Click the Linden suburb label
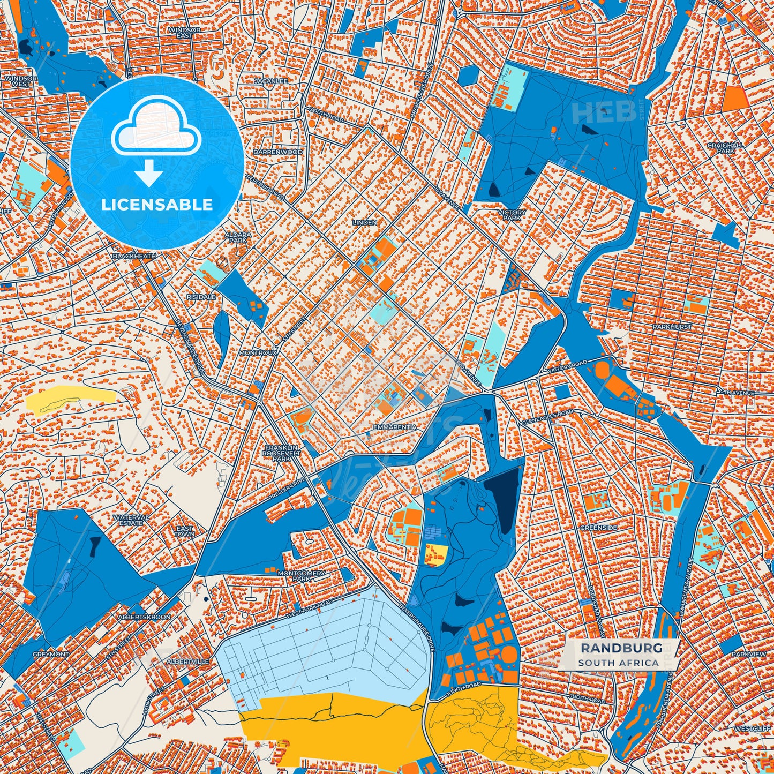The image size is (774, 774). pos(365,222)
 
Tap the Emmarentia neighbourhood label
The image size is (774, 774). pos(395,427)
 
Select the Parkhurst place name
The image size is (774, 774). pos(672,327)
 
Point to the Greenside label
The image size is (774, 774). pos(599,528)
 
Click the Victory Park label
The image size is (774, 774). pos(512,215)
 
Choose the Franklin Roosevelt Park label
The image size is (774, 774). pos(281,453)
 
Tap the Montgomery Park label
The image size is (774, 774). pos(301,576)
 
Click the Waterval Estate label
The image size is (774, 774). pos(131,520)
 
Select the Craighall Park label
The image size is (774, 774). pos(725,148)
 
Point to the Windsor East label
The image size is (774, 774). pos(184,33)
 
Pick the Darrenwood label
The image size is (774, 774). pos(278,152)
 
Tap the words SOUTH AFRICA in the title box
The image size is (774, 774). pos(618,663)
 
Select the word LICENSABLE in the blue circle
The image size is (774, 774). pos(157,205)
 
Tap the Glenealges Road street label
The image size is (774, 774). pos(547,418)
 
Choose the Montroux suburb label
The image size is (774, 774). pos(258,354)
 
